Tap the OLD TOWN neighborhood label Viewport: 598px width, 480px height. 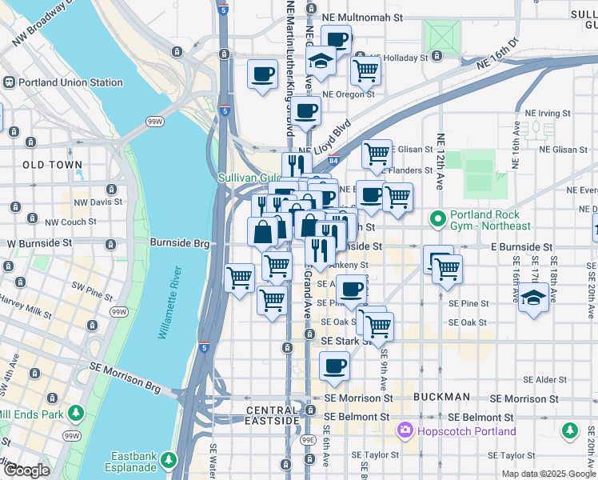coord(53,165)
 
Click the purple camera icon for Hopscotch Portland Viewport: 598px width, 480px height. coord(406,431)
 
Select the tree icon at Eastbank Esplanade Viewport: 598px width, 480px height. coord(169,460)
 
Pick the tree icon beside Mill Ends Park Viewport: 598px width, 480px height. coord(76,414)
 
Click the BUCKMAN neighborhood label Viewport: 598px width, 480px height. coord(441,397)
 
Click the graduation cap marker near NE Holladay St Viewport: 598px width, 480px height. coord(321,62)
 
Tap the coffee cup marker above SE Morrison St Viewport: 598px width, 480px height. coord(334,367)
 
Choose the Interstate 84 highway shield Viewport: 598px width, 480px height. coord(333,161)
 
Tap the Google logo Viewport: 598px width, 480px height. coord(27,470)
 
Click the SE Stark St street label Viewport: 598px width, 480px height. coord(346,340)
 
